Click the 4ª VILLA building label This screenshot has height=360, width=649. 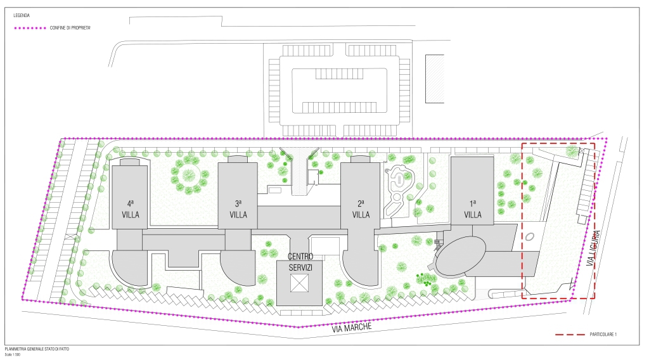(131, 209)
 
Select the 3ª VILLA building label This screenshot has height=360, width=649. (238, 209)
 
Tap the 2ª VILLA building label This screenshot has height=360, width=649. (361, 209)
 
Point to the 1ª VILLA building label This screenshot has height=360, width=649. (473, 209)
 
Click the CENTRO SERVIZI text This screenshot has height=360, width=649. (300, 262)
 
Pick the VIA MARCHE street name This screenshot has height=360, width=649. (352, 328)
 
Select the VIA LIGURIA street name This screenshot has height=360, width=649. (593, 247)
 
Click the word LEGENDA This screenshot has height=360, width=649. (22, 15)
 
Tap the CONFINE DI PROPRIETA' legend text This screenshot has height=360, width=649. (70, 28)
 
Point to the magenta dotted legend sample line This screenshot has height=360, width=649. (30, 28)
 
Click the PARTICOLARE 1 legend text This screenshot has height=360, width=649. (603, 335)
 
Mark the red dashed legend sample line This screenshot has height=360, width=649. (570, 335)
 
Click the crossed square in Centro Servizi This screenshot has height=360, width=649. (299, 283)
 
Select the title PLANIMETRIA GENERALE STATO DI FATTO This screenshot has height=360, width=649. (37, 349)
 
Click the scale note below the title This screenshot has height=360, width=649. (13, 355)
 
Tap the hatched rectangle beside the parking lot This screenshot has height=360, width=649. (435, 79)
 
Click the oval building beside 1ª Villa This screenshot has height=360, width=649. (461, 255)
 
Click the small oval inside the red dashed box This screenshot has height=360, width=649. (530, 237)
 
